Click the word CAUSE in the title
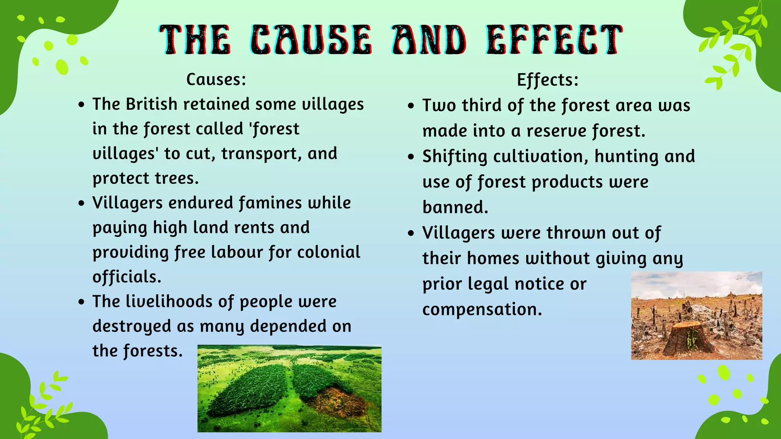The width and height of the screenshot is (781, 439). coord(311,40)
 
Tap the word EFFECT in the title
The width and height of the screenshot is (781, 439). coord(554,40)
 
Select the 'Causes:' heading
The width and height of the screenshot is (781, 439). coord(216,79)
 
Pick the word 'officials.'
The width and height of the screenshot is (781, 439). coord(127,277)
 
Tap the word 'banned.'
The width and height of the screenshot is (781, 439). coord(455,207)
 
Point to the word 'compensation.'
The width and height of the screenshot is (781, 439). coord(482,309)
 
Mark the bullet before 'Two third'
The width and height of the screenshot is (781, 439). coord(411,106)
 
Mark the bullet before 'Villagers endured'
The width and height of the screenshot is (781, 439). coord(81,203)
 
